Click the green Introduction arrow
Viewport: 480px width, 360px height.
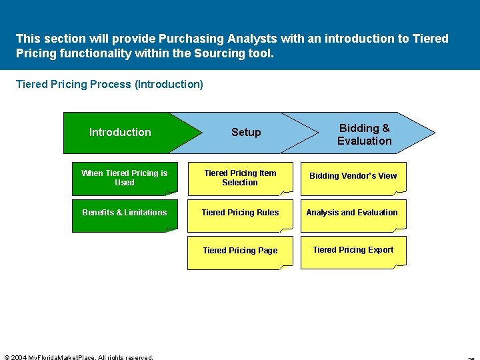(x=120, y=132)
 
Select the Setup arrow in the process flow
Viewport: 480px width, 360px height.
(x=246, y=132)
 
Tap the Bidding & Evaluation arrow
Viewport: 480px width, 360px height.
(x=364, y=134)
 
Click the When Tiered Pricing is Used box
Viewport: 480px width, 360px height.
(x=125, y=178)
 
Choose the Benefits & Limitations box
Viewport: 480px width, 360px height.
(x=125, y=213)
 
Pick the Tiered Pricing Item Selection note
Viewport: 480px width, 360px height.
(x=240, y=178)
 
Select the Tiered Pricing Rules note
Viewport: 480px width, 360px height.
(x=240, y=213)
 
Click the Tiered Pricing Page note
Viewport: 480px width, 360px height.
(x=240, y=251)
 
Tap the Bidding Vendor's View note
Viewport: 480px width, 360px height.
(x=353, y=176)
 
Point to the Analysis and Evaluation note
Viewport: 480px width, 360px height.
(x=352, y=213)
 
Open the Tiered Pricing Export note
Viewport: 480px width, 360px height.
(x=353, y=250)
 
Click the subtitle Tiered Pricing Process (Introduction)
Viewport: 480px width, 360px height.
(x=109, y=84)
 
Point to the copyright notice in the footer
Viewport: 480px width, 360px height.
(x=79, y=357)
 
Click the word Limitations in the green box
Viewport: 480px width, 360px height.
(x=147, y=213)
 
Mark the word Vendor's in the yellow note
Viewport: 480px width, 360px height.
(x=361, y=176)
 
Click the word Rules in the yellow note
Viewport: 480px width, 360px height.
(x=267, y=213)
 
